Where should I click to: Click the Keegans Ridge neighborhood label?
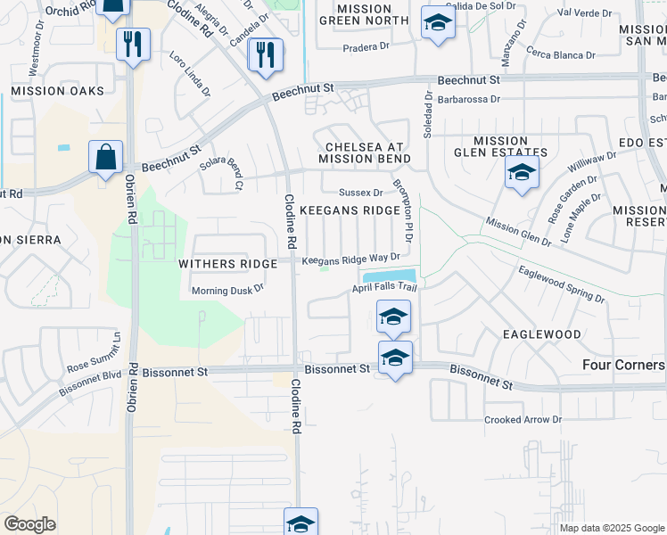click(x=350, y=210)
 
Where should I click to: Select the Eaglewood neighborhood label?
click(x=541, y=334)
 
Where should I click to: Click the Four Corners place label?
click(x=623, y=365)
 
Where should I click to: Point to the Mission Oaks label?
click(x=57, y=91)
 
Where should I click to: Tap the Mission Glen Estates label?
click(x=500, y=147)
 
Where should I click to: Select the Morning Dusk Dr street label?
click(x=228, y=290)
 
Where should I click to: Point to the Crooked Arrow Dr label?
click(x=523, y=419)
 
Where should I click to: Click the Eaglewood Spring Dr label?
click(x=561, y=284)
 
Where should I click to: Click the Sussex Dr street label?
click(x=360, y=192)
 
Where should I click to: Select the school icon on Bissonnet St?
click(x=395, y=358)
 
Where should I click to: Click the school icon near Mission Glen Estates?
click(x=522, y=173)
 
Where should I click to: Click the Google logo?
click(x=29, y=524)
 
